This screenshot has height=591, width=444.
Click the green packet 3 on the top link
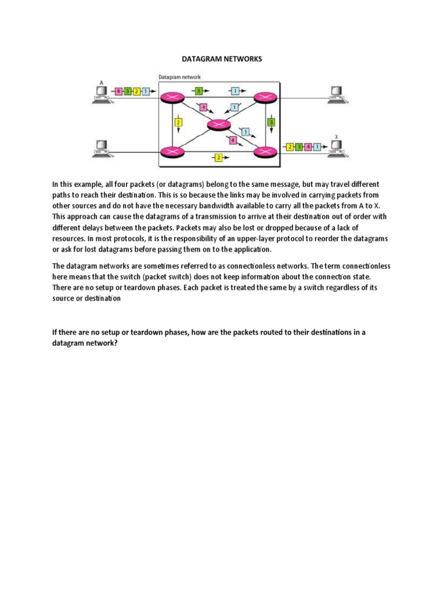pos(198,91)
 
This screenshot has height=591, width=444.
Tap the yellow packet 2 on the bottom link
pos(218,157)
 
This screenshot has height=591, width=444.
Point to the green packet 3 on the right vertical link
pos(271,122)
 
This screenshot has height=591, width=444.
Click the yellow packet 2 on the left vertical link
pos(178,122)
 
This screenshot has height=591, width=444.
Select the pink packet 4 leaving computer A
pos(119,91)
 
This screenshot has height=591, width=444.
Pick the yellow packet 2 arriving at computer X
pos(290,147)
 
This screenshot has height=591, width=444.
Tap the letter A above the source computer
pos(102,83)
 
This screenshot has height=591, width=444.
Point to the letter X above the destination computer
pos(336,137)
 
